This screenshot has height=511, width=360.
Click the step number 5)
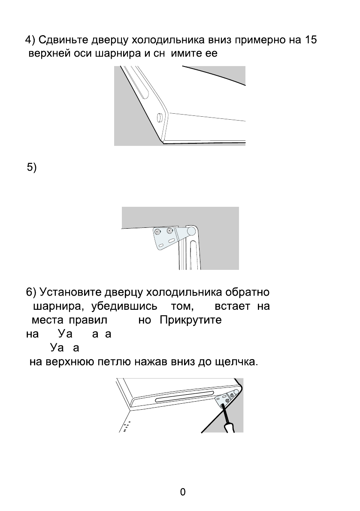(x=32, y=168)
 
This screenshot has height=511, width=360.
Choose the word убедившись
(x=121, y=306)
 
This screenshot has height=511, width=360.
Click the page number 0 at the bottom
(x=183, y=492)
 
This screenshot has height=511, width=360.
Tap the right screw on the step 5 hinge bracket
(x=170, y=231)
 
